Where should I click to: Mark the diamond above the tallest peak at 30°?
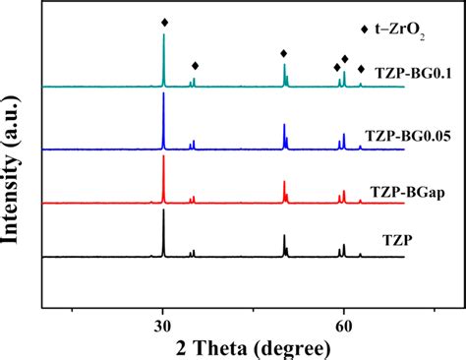tap(164, 22)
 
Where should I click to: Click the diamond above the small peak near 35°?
tap(195, 66)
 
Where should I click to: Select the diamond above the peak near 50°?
tap(284, 53)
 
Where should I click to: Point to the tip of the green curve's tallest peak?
tap(163, 36)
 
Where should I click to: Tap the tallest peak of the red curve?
tap(163, 157)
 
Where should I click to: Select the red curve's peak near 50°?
tap(284, 182)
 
